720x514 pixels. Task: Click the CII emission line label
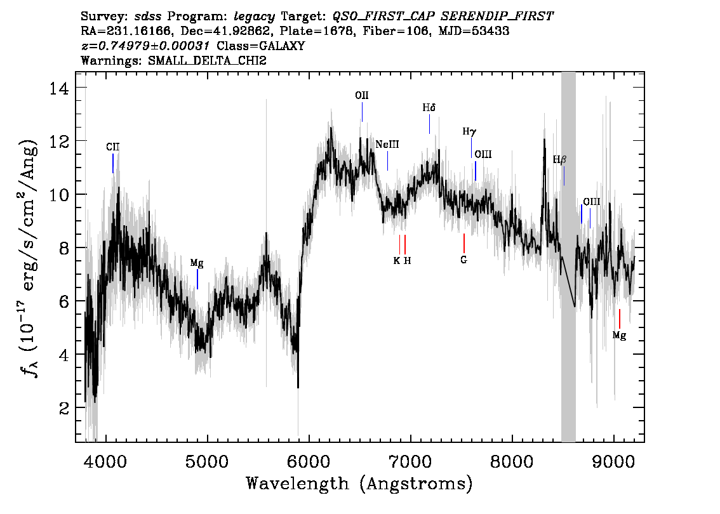112,147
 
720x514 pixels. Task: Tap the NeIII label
387,145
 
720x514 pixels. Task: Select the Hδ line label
429,108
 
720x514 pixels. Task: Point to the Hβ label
559,160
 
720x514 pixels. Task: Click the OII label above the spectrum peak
361,96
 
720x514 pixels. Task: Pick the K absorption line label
397,260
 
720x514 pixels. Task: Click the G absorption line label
464,260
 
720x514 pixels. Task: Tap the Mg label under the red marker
619,336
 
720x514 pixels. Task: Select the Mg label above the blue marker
197,263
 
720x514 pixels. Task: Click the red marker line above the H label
405,244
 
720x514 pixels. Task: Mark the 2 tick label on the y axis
64,408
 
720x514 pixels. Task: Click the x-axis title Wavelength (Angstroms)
359,484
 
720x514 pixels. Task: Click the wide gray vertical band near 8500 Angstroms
568,254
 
